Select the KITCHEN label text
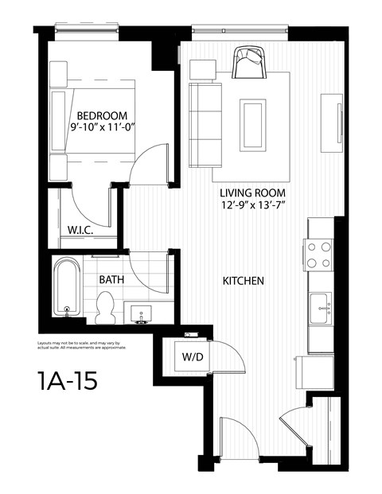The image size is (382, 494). click(243, 282)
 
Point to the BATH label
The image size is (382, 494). click(111, 280)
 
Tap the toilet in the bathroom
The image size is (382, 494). click(104, 307)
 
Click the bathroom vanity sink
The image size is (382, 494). click(143, 311)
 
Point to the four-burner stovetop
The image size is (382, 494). click(320, 255)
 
